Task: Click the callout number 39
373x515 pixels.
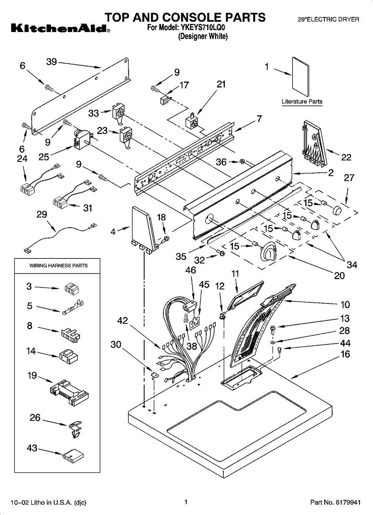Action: tap(51, 62)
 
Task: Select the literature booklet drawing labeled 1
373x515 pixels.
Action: tap(301, 77)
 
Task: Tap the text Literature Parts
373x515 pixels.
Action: tap(302, 102)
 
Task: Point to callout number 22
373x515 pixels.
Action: tap(346, 157)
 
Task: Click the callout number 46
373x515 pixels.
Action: tap(191, 270)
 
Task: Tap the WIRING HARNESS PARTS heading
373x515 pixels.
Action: tap(59, 266)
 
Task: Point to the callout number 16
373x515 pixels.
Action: tap(345, 354)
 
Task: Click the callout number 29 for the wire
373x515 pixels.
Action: tap(42, 214)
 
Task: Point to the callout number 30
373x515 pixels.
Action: tap(116, 344)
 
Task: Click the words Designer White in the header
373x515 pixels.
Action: tap(203, 37)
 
